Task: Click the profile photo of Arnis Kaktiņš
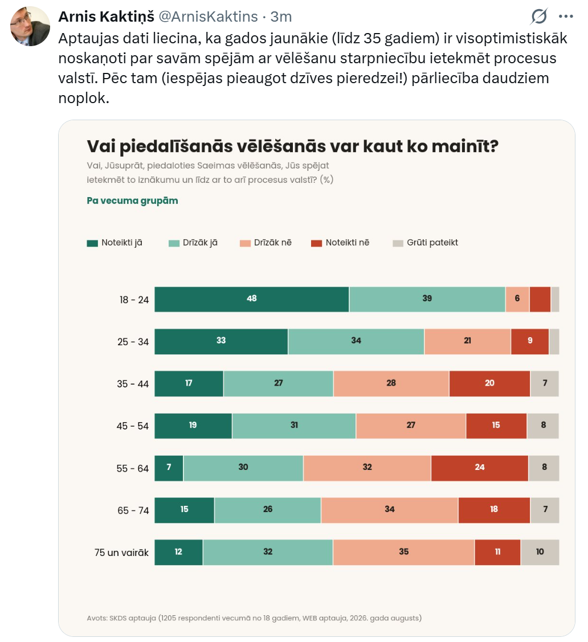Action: tap(30, 26)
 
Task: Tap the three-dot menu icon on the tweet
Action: tap(565, 17)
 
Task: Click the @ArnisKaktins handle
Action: tap(208, 17)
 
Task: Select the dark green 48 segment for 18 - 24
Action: tap(252, 299)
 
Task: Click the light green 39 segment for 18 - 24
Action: tap(427, 299)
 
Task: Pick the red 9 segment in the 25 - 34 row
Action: tap(530, 341)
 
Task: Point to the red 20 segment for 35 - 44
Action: tap(490, 383)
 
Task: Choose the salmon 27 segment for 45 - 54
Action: tap(411, 426)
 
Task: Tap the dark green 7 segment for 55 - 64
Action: tap(169, 468)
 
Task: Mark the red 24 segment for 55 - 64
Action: tap(480, 468)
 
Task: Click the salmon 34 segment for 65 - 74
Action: tap(389, 510)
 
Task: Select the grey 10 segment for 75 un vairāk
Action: tap(540, 553)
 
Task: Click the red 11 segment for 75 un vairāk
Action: tap(497, 553)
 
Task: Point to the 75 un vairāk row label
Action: tap(121, 553)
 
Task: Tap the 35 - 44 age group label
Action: tap(133, 384)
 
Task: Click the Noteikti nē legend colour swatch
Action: tap(317, 244)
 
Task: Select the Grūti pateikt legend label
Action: tap(432, 243)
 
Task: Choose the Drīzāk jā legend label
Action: tap(200, 243)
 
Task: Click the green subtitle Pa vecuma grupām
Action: tap(132, 201)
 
